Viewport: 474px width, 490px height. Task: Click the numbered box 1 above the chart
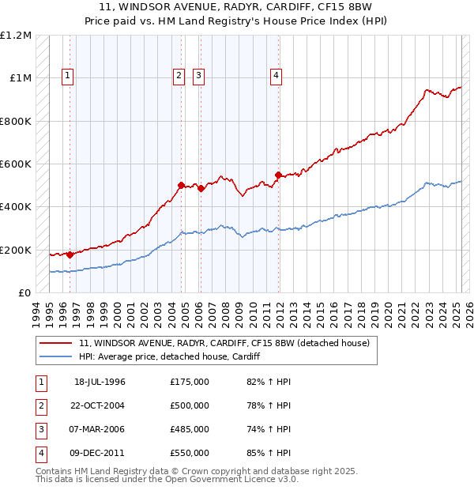[x=68, y=76]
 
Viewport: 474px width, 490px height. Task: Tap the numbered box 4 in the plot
[x=276, y=76]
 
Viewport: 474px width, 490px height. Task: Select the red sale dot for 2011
[x=278, y=175]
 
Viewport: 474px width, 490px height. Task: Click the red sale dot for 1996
[x=70, y=254]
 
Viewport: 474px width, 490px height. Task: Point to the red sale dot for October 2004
[x=182, y=185]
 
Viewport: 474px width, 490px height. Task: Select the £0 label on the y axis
[x=24, y=293]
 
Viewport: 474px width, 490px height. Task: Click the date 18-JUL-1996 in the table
[x=100, y=382]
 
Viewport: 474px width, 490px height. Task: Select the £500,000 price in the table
[x=190, y=405]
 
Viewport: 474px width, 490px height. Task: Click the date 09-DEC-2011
[x=100, y=453]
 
